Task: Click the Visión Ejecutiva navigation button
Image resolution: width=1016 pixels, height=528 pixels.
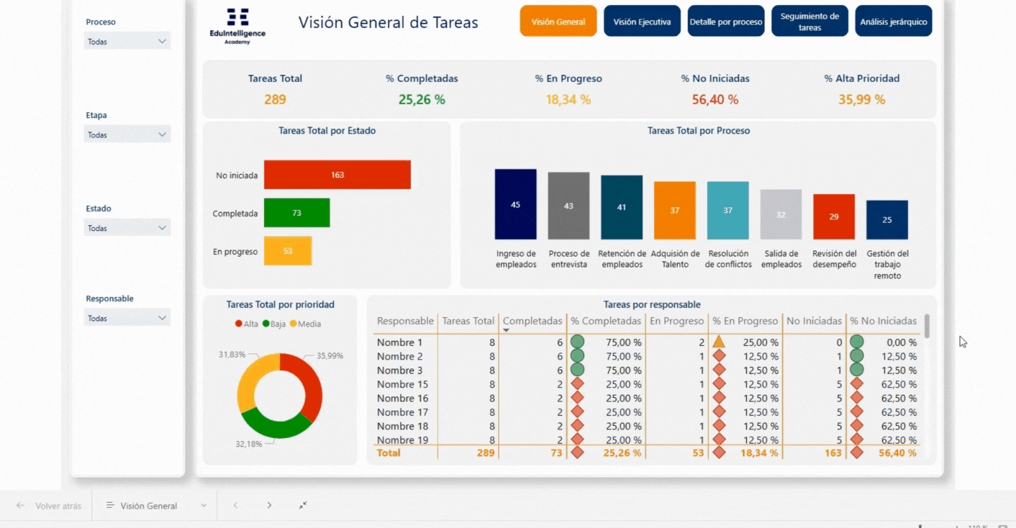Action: (642, 22)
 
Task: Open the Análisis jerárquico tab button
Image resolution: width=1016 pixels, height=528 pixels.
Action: (893, 22)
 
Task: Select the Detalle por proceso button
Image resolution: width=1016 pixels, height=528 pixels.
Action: (726, 22)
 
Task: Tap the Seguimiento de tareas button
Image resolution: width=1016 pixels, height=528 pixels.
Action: (810, 22)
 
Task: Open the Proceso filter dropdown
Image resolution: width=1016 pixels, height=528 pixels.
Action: (127, 41)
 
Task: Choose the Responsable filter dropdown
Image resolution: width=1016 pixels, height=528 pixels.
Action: (127, 318)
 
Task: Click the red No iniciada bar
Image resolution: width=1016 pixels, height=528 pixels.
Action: (337, 175)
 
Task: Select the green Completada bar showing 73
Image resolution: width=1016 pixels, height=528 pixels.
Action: (297, 213)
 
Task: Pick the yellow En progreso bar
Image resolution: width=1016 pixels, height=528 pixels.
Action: (288, 251)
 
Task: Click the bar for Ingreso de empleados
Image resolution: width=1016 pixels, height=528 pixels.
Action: (516, 204)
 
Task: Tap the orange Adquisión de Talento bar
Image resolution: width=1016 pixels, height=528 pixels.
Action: (674, 210)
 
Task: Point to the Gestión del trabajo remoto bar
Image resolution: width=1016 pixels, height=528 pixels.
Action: (887, 220)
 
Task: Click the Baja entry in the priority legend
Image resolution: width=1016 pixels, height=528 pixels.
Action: (274, 324)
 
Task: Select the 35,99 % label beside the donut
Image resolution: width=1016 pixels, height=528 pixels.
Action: (330, 356)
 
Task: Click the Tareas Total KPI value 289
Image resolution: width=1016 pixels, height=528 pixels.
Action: (275, 100)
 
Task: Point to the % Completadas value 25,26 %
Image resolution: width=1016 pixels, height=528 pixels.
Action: (422, 100)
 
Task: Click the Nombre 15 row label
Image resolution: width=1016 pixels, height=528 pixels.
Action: (403, 384)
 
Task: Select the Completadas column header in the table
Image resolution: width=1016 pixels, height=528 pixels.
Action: (532, 321)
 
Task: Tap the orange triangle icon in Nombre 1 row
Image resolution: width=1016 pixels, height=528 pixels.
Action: (719, 342)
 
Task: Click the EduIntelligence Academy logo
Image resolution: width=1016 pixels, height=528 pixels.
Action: (237, 25)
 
